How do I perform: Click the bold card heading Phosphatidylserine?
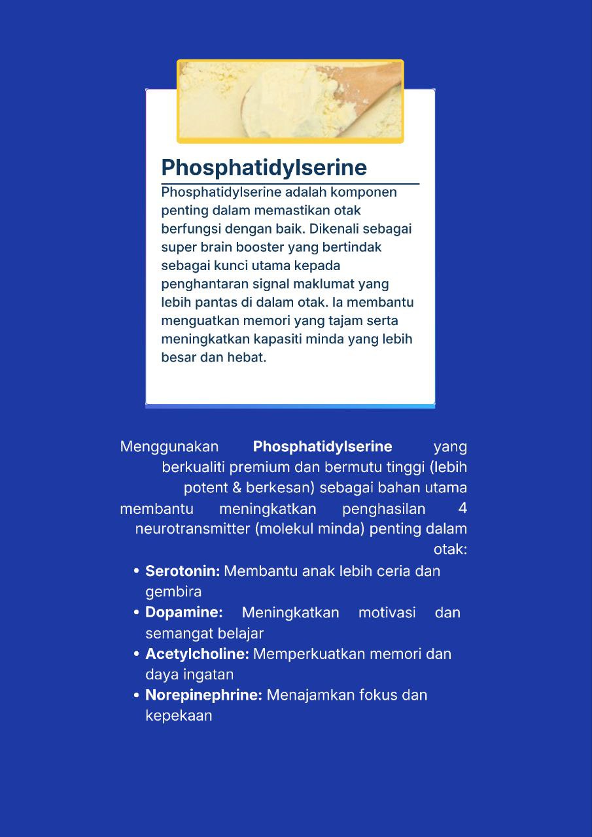[x=264, y=167]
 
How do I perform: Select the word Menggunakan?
[x=169, y=447]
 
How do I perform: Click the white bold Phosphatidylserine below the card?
[x=322, y=447]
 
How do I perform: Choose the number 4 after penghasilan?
[x=462, y=509]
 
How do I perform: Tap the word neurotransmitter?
[x=192, y=529]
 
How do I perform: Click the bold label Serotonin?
[x=182, y=571]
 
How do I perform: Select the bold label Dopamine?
[x=184, y=613]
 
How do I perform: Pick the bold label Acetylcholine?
[x=197, y=654]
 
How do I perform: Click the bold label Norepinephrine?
[x=203, y=695]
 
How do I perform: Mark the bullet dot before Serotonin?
[x=137, y=572]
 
